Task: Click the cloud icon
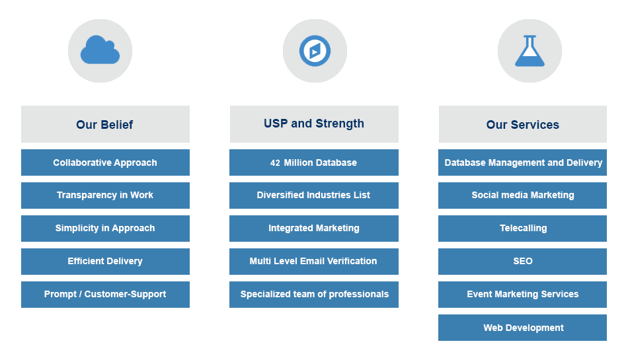100,50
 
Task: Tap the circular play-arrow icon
315,51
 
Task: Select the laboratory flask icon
530,51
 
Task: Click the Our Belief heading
105,124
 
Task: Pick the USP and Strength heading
314,124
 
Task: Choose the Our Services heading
522,124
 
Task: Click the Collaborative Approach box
105,162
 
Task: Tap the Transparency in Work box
105,196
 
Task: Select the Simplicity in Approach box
105,229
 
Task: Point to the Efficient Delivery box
105,262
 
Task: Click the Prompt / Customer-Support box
105,295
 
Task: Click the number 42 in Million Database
275,163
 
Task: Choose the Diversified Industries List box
313,196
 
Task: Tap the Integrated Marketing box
313,229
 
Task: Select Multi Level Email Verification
313,262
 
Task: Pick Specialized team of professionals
314,295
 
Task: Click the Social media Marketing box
522,196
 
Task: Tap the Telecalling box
522,229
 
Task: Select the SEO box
522,262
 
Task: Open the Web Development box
522,328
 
